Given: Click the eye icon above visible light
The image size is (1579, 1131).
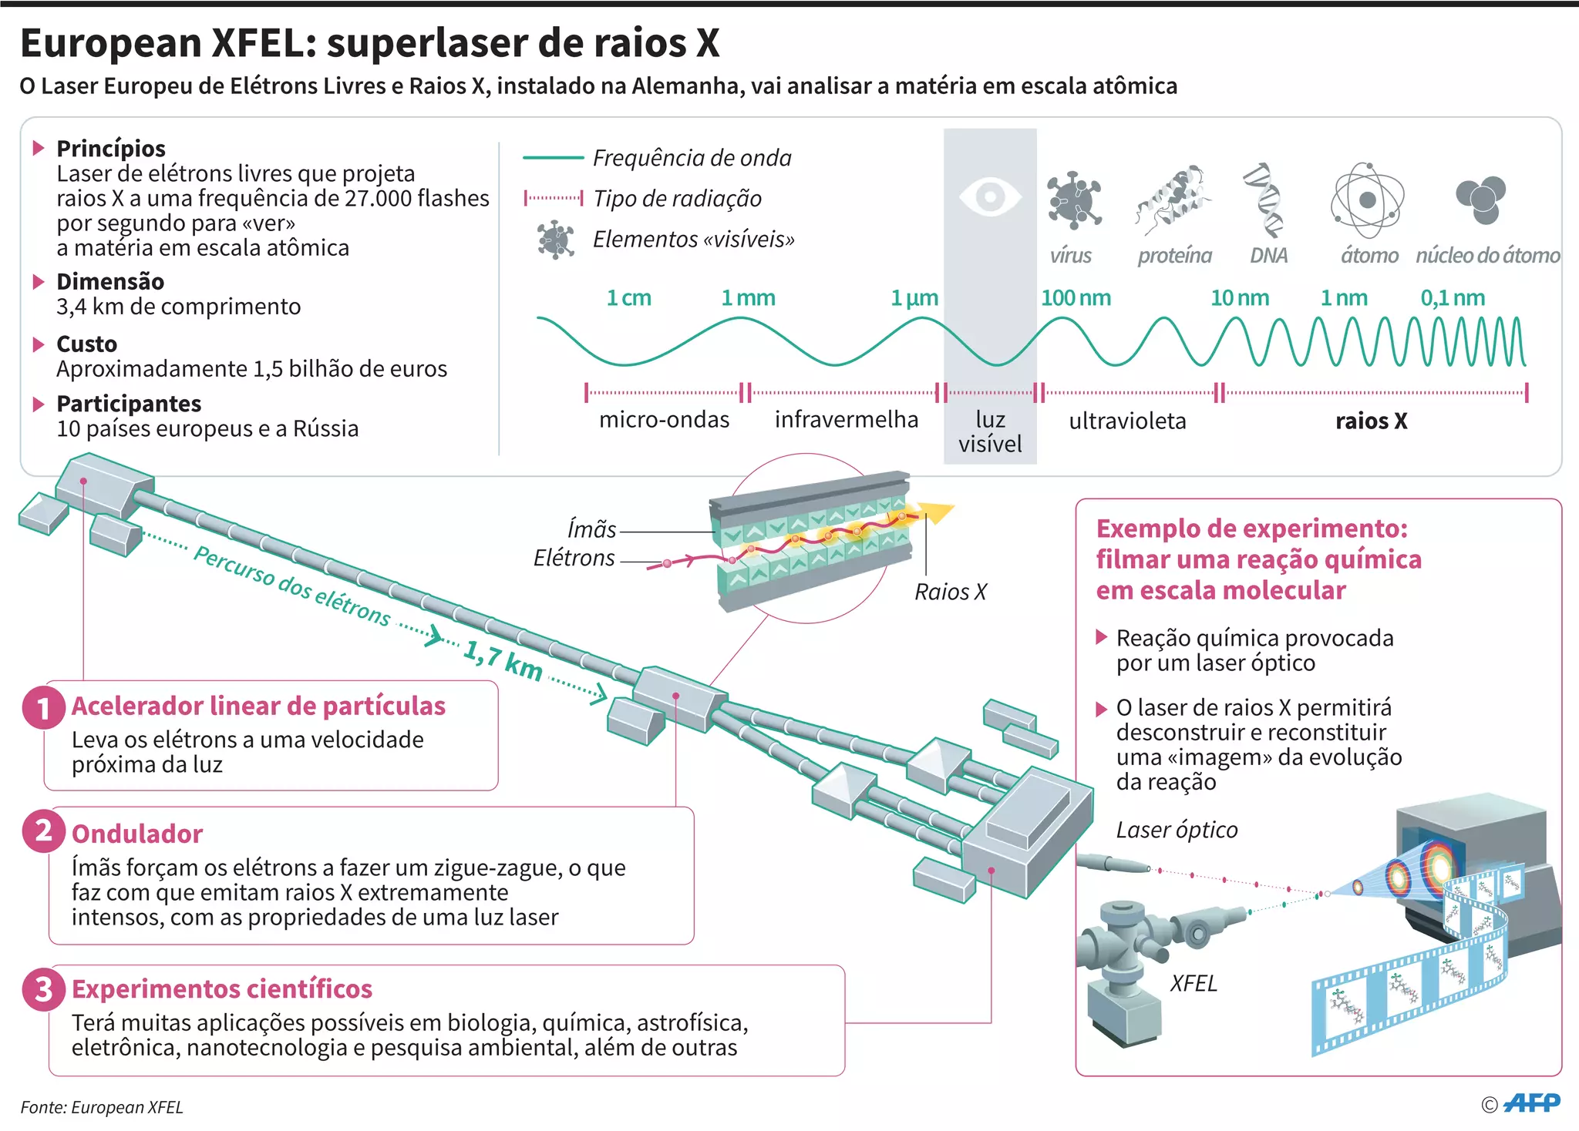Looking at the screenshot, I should (x=990, y=196).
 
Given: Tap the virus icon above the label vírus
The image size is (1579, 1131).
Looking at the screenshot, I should (x=1073, y=200).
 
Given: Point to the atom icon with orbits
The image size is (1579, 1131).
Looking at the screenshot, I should (x=1367, y=200).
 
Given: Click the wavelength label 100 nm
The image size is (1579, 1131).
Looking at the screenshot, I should (x=1076, y=297).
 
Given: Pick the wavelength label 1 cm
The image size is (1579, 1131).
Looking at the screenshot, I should (x=628, y=297).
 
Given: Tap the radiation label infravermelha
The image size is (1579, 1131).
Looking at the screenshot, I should (x=846, y=419).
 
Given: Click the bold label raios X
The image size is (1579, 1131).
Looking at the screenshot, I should (x=1371, y=421).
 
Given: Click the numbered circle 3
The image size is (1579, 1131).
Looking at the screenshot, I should (x=43, y=989).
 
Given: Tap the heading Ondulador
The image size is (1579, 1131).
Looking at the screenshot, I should (x=137, y=834).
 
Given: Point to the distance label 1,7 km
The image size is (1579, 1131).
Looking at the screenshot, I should (x=503, y=660).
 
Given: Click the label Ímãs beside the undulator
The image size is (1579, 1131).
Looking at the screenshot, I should (x=591, y=529).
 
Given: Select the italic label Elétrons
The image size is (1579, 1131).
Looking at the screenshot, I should (x=574, y=558).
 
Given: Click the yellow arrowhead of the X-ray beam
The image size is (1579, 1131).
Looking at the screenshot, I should (x=939, y=512).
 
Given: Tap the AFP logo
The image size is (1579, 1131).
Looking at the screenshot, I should (x=1531, y=1103).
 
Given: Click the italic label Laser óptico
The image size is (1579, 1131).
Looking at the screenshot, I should (x=1177, y=830).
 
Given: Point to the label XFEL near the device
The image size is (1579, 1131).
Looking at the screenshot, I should (x=1194, y=983).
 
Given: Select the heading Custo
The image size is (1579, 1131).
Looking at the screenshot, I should (x=86, y=344).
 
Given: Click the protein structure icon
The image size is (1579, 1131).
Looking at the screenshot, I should (x=1173, y=200).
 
